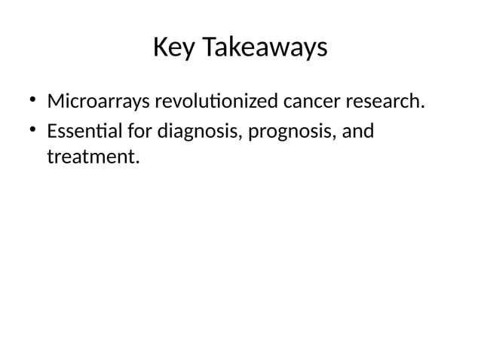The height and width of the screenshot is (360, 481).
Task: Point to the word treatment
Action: pyautogui.click(x=92, y=158)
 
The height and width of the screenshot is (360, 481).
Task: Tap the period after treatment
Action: pyautogui.click(x=139, y=163)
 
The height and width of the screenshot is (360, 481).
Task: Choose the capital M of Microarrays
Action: pyautogui.click(x=56, y=101)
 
